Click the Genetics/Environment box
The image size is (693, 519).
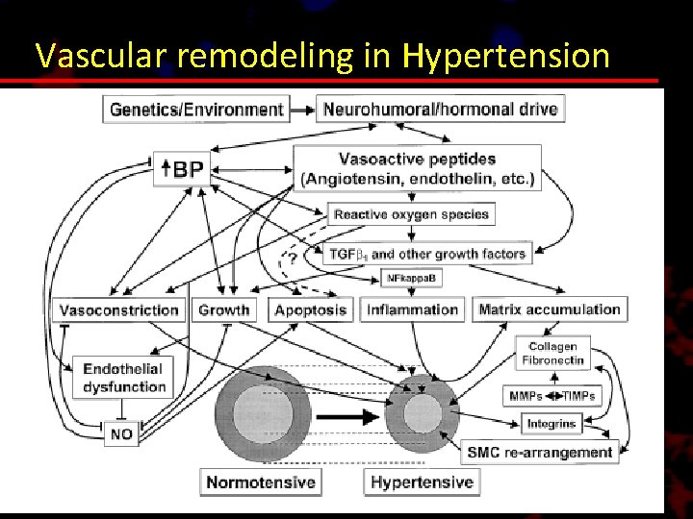[x=196, y=109]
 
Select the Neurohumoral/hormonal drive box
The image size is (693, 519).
[x=441, y=109]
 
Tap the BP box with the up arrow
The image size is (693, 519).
[x=181, y=170]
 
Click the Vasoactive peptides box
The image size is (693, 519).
[x=418, y=168]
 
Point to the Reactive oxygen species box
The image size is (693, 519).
[x=411, y=214]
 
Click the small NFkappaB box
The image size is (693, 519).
[x=411, y=279]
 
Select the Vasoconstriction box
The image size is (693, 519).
[x=119, y=309]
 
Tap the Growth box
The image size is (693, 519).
[x=223, y=309]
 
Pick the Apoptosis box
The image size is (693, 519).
[x=310, y=309]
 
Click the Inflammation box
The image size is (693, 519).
[x=412, y=309]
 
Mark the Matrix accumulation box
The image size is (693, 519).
[x=550, y=309]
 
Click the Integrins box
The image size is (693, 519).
[x=552, y=423]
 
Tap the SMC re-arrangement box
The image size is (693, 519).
[x=539, y=452]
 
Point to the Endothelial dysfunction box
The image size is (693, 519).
[x=122, y=378]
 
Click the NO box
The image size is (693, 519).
[x=121, y=434]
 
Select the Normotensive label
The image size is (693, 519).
[x=260, y=482]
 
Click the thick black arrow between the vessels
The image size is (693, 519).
[x=346, y=417]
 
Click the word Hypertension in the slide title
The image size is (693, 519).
[x=507, y=56]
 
